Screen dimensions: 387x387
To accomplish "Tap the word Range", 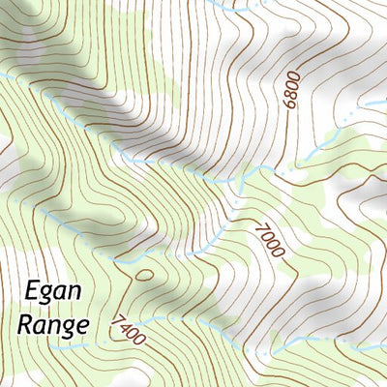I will pos(53,323).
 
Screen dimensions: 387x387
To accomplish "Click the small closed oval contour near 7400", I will pos(144,275).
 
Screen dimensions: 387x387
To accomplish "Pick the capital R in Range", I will pos(25,322).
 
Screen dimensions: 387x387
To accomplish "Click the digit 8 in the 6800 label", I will pos(293,93).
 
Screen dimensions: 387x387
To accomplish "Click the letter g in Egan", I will pos(46,293).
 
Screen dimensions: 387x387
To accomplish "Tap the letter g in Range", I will pos(69,327).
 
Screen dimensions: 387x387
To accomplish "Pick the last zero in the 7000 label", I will pos(280,251).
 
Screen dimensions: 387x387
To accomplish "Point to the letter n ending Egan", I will pos(74,291).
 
